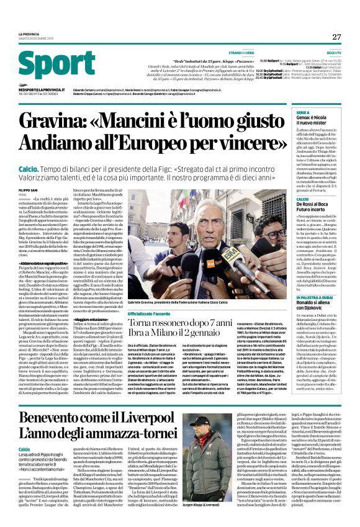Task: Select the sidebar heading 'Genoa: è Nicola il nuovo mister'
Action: coord(317,122)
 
